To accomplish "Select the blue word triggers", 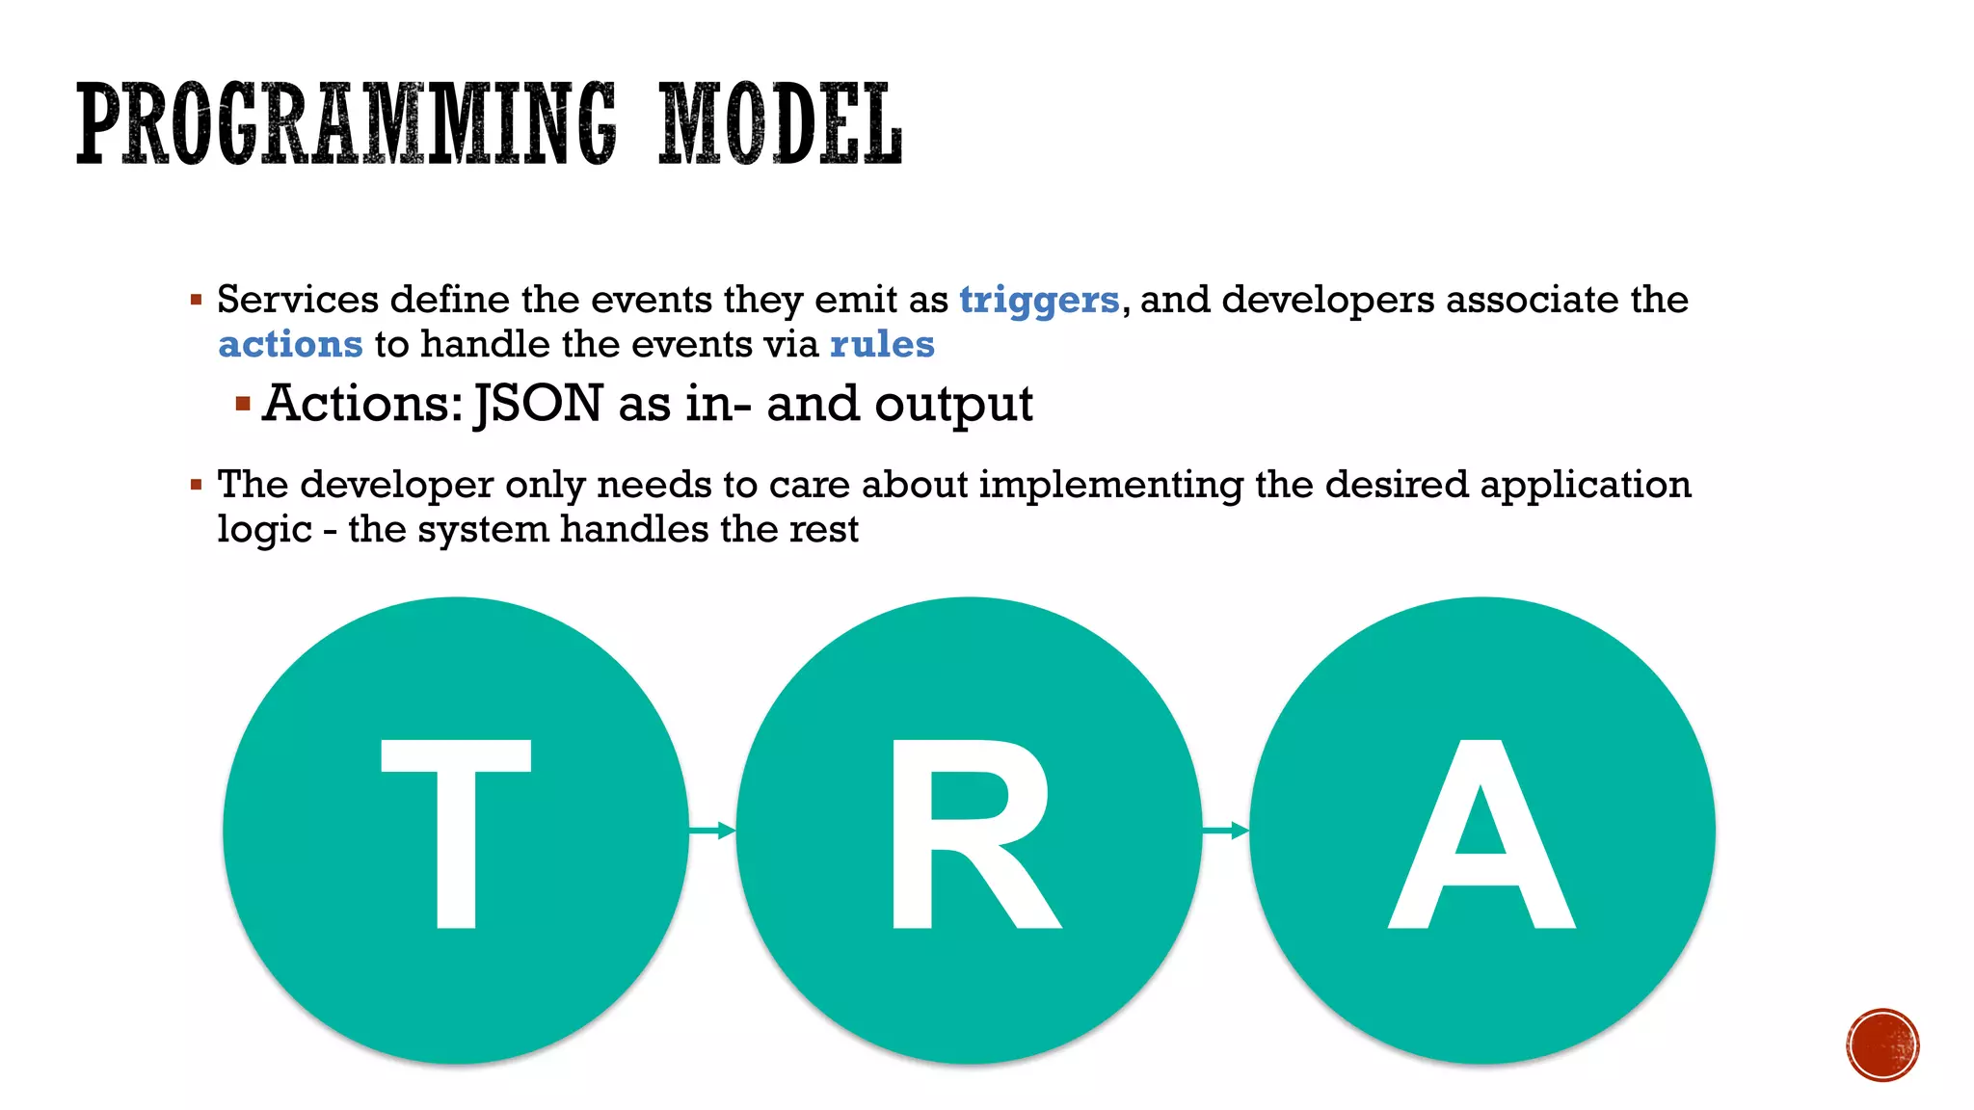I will point(1039,300).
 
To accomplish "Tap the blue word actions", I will point(290,344).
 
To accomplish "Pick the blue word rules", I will point(882,344).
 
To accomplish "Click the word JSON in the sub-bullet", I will point(539,403).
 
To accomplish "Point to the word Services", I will point(297,300).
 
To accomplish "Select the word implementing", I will point(1110,485).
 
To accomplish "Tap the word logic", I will point(264,529).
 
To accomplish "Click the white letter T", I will point(456,832).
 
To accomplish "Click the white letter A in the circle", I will point(1481,834).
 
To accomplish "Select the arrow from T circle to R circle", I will point(712,830).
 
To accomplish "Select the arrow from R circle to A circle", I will point(1226,830).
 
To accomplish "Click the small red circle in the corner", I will point(1882,1044).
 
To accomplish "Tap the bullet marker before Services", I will point(196,301).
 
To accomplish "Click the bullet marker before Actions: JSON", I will point(243,403).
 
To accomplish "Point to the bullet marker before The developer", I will point(196,485).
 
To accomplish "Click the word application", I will point(1586,485).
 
